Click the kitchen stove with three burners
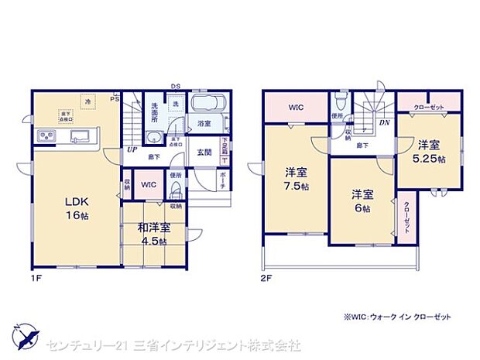(44, 137)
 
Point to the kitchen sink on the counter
(81, 137)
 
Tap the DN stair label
(385, 122)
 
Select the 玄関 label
(204, 152)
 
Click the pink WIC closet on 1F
(149, 184)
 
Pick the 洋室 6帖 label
(360, 201)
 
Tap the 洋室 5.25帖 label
(431, 151)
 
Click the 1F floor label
(37, 276)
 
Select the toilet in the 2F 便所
(341, 101)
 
